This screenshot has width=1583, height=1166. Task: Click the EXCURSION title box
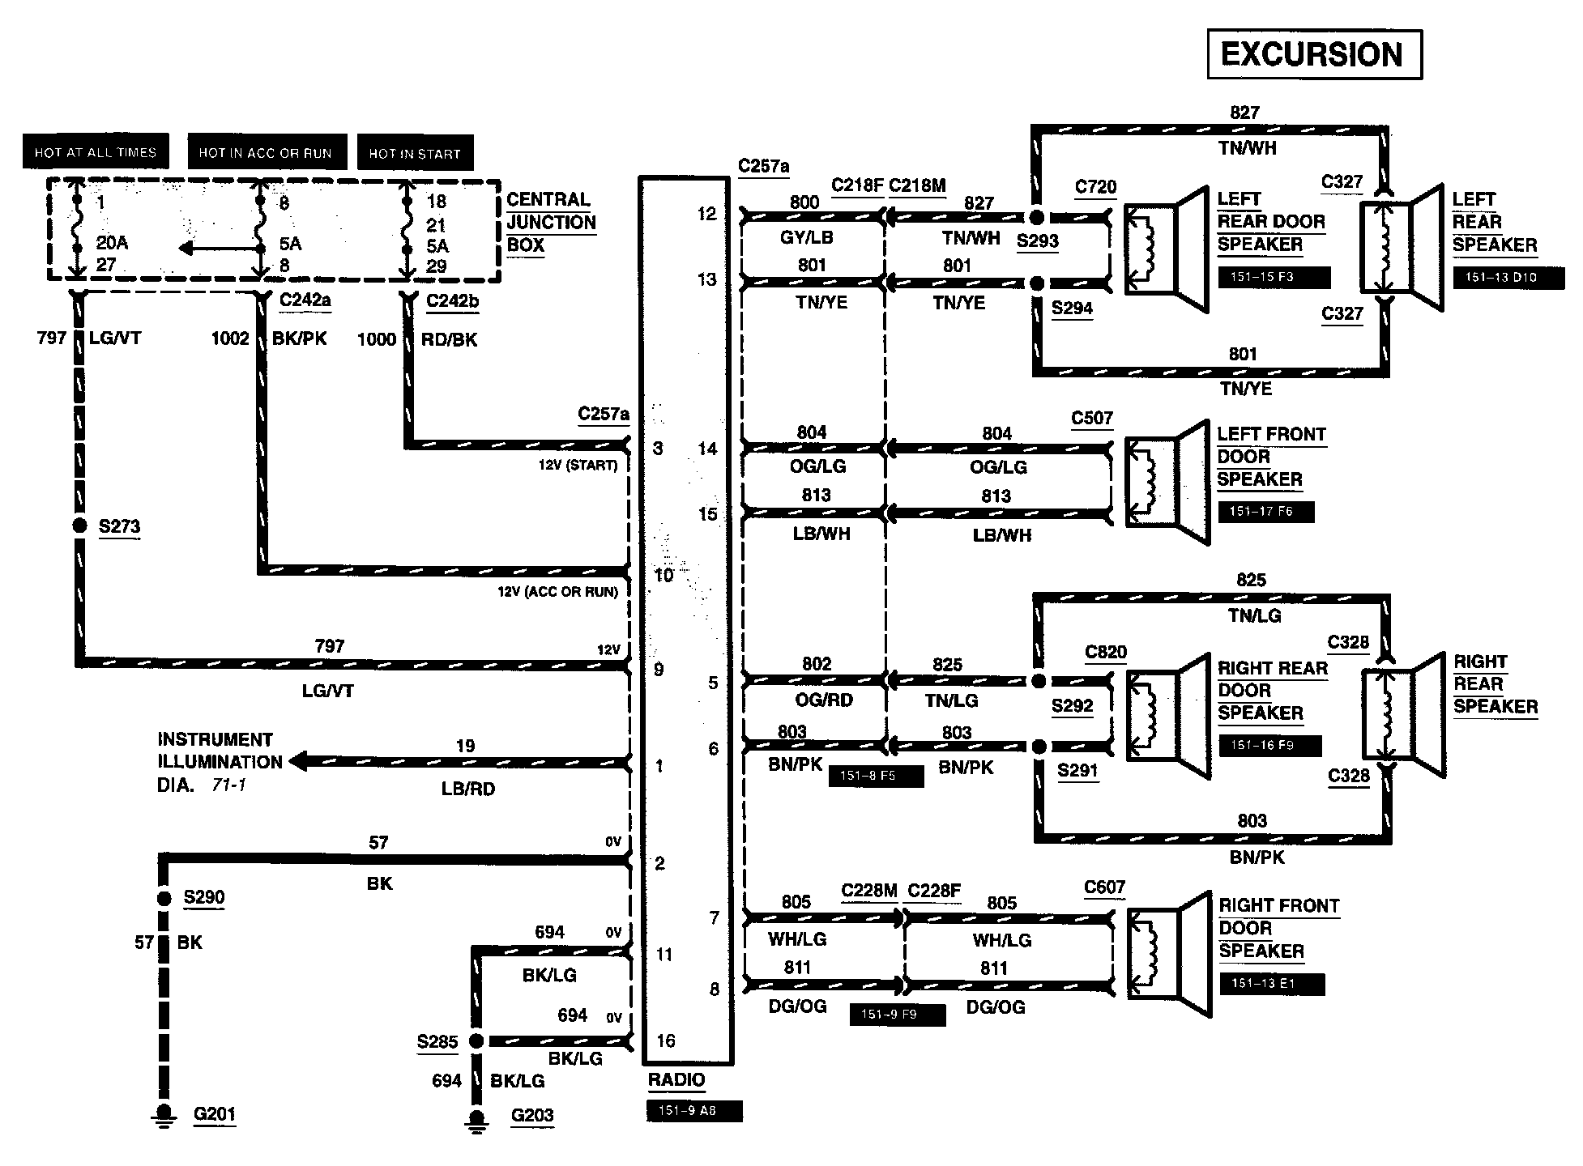click(x=1313, y=54)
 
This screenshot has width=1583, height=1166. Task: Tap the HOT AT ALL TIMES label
click(x=95, y=152)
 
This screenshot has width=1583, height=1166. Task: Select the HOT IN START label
click(x=414, y=153)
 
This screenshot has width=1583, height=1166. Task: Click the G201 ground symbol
click(x=164, y=1116)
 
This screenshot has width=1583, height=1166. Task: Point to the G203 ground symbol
click(x=476, y=1117)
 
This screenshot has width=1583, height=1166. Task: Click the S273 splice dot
click(x=79, y=526)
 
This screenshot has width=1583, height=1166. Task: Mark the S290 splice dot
click(x=164, y=898)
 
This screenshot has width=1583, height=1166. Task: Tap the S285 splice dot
click(x=476, y=1041)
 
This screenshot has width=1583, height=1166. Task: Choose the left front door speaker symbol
click(x=1167, y=481)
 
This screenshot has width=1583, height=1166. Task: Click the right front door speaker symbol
click(x=1168, y=953)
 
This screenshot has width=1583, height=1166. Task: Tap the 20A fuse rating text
click(x=112, y=242)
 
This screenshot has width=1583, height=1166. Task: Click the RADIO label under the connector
click(x=676, y=1080)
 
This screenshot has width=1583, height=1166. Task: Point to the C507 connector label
click(x=1091, y=419)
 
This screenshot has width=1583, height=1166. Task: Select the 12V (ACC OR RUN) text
click(x=557, y=592)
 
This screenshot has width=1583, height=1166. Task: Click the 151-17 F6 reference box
click(x=1265, y=512)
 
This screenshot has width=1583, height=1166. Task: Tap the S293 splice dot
click(x=1036, y=217)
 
